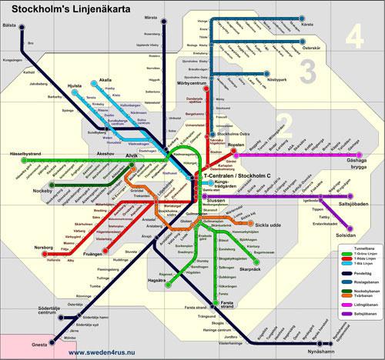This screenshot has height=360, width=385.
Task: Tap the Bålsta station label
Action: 11,25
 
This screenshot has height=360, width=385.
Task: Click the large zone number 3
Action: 307,72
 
